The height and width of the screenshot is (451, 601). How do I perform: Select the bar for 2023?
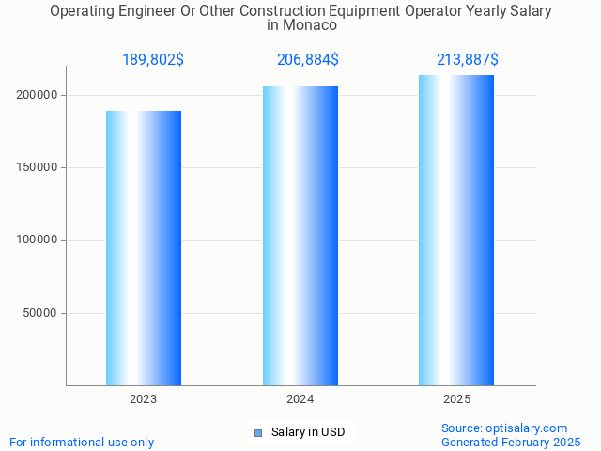click(x=144, y=248)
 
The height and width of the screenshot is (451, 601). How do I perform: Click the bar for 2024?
click(x=300, y=235)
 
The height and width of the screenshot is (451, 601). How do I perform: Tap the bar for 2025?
click(x=456, y=230)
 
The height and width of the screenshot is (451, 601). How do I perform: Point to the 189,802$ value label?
click(x=153, y=60)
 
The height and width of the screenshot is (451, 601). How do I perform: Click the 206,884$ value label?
click(x=308, y=60)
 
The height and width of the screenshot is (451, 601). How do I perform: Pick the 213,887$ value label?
click(x=468, y=60)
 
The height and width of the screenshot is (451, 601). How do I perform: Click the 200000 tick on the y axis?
click(x=39, y=95)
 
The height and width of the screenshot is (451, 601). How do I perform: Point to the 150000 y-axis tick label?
click(x=39, y=167)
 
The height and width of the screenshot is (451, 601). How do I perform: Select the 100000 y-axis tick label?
click(x=39, y=240)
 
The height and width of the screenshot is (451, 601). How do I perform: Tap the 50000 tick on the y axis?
click(x=42, y=313)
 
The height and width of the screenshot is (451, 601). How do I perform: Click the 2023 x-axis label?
click(x=144, y=399)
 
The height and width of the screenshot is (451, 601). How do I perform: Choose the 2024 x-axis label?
click(x=300, y=399)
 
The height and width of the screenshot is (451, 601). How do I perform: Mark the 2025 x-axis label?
click(x=456, y=399)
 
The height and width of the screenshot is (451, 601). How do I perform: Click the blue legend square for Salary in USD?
click(x=258, y=433)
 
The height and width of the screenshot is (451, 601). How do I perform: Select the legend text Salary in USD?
click(x=308, y=432)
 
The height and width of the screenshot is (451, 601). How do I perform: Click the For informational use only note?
click(x=82, y=442)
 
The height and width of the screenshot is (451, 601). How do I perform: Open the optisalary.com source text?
click(x=504, y=428)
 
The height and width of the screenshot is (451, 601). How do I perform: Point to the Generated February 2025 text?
click(x=511, y=442)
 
